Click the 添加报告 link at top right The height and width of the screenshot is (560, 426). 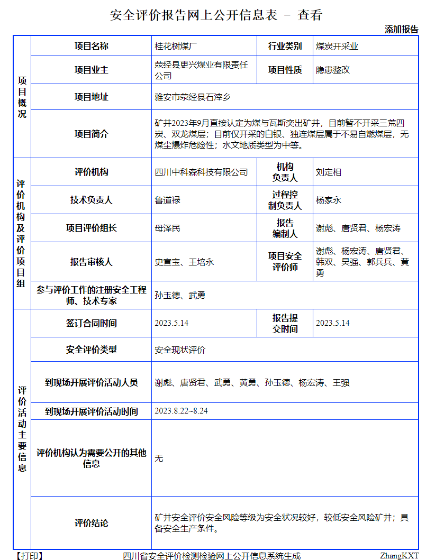click(x=401, y=30)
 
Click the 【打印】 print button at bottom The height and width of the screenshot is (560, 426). click(x=30, y=555)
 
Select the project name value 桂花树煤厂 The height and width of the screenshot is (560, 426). click(x=173, y=47)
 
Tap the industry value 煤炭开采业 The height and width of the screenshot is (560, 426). click(x=337, y=47)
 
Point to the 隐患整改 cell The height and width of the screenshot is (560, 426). click(x=333, y=70)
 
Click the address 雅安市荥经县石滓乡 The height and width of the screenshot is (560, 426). click(x=193, y=97)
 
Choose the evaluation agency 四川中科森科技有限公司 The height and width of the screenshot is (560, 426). click(x=201, y=172)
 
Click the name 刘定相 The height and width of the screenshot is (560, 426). click(x=329, y=172)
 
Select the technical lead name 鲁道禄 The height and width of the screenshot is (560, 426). click(x=167, y=200)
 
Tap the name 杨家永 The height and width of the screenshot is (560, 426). click(x=329, y=200)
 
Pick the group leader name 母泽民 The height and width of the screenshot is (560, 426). click(x=167, y=228)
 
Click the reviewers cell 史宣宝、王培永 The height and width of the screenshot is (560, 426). click(x=184, y=262)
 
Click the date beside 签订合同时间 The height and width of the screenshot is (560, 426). click(x=171, y=323)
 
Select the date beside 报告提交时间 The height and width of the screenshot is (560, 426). click(x=333, y=323)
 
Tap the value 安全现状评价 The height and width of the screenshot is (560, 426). click(x=180, y=350)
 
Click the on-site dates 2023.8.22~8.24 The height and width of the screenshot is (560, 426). click(x=181, y=411)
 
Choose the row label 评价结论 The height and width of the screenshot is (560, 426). click(x=92, y=523)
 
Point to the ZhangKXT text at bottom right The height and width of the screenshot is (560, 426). click(x=399, y=555)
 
